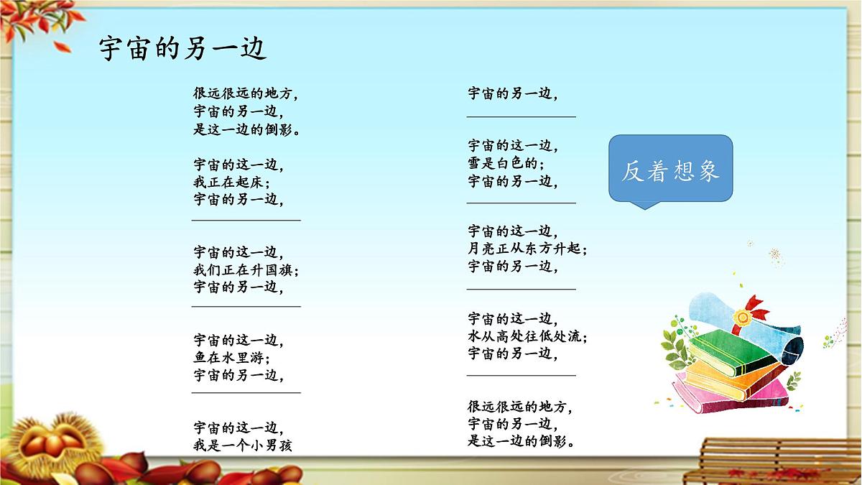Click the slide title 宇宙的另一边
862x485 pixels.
[x=183, y=48]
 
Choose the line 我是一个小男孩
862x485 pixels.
[x=243, y=445]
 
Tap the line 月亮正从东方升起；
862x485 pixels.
[x=527, y=249]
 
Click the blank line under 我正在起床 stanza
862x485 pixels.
[x=246, y=219]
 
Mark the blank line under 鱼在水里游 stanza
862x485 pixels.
[x=246, y=392]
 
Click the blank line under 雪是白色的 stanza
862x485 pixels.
[x=521, y=202]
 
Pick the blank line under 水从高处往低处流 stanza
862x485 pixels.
[x=521, y=374]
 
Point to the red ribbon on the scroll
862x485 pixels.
[x=754, y=309]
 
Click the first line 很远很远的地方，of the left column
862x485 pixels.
[x=245, y=93]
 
